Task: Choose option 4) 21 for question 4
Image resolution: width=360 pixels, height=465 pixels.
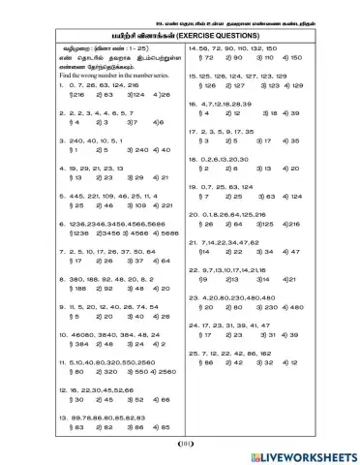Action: (x=163, y=178)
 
